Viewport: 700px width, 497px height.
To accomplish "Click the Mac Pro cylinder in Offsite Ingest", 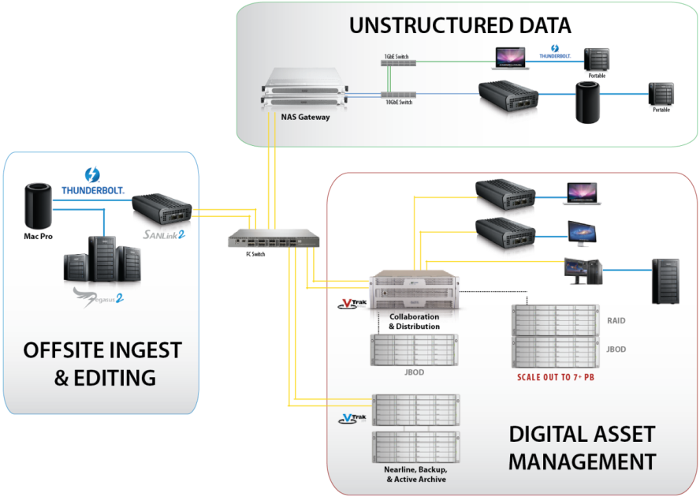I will pyautogui.click(x=37, y=204).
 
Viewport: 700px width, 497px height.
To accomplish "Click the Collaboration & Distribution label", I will pyautogui.click(x=414, y=321).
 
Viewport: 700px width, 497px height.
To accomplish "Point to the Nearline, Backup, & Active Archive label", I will pyautogui.click(x=415, y=474).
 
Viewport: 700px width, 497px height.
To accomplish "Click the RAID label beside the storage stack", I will pyautogui.click(x=617, y=321).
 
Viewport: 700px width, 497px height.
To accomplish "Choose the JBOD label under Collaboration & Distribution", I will pyautogui.click(x=413, y=372).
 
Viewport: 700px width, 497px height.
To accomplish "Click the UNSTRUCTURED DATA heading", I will pyautogui.click(x=460, y=25).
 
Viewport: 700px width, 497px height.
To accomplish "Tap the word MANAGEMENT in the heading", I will pyautogui.click(x=582, y=461).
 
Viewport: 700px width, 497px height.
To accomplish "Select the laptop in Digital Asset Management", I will pyautogui.click(x=583, y=193).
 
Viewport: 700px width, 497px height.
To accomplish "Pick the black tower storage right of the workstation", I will pyautogui.click(x=665, y=281).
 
